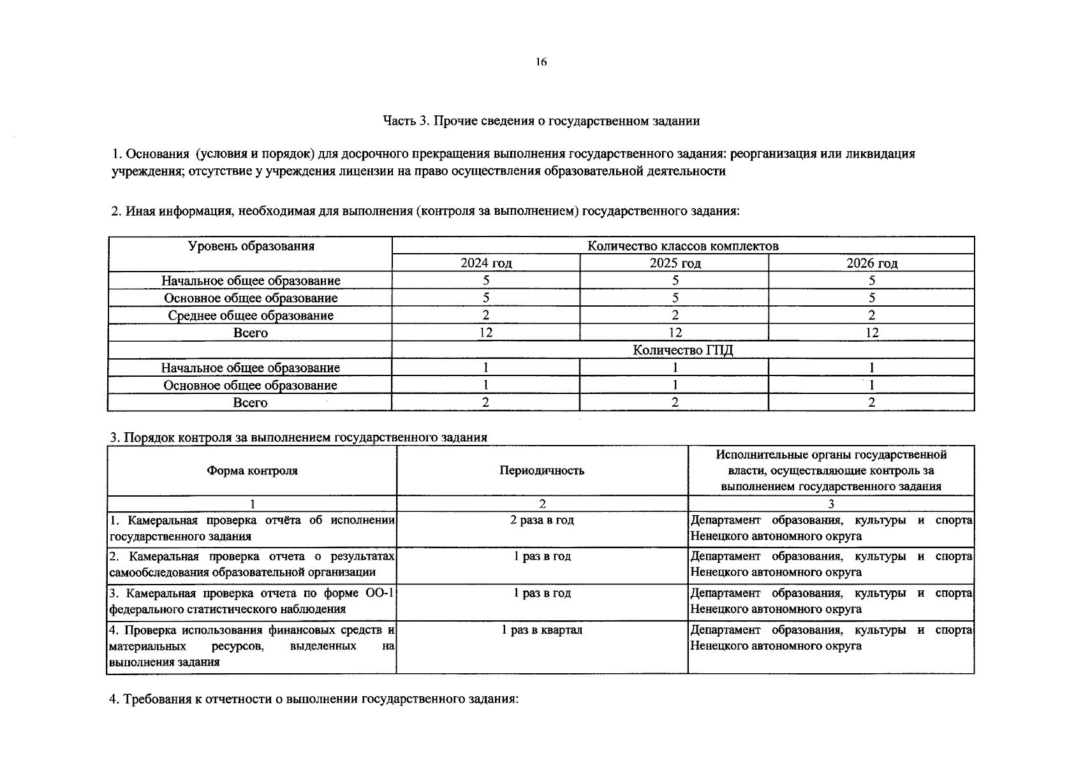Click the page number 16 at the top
pos(541,62)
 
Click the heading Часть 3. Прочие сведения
pos(541,120)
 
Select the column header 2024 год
pos(486,263)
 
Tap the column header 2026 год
pos(871,263)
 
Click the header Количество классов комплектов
pos(682,246)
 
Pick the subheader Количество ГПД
pos(682,350)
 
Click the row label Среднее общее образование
pos(251,316)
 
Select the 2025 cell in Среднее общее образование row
pos(675,316)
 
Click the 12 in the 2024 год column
pos(486,333)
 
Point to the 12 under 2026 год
pos(871,333)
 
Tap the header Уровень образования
pos(251,246)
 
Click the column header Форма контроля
pos(252,470)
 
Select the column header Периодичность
pos(541,470)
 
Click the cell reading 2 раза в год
pos(541,520)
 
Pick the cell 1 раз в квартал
pos(541,630)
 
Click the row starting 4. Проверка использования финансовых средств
pos(252,646)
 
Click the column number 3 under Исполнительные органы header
pos(830,504)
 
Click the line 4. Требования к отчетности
pos(314,699)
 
